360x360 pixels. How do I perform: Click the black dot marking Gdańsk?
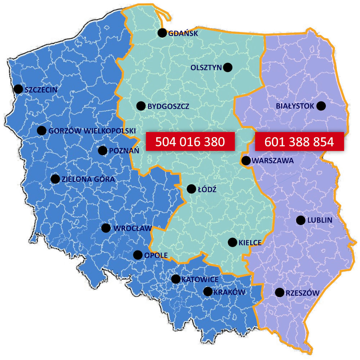click(x=162, y=33)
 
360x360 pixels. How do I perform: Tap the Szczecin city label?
click(x=41, y=90)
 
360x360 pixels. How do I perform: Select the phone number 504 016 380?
click(x=190, y=142)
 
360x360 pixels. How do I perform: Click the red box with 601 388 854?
click(x=299, y=142)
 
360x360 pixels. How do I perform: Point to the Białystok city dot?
click(x=321, y=106)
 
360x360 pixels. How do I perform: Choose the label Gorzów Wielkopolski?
click(x=92, y=131)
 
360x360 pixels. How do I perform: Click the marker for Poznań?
click(x=103, y=150)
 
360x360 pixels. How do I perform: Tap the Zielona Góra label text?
click(x=88, y=179)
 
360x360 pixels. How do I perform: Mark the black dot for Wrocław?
click(x=106, y=228)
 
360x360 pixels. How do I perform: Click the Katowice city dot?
click(x=176, y=279)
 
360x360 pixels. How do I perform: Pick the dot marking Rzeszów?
click(x=279, y=293)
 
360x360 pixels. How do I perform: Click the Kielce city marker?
click(x=233, y=243)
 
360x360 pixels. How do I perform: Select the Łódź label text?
click(x=207, y=189)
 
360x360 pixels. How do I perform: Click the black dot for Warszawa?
click(x=246, y=161)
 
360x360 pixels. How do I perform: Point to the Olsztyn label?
click(x=206, y=67)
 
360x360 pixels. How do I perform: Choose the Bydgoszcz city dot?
click(x=141, y=106)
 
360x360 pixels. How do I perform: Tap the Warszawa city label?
click(x=273, y=161)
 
